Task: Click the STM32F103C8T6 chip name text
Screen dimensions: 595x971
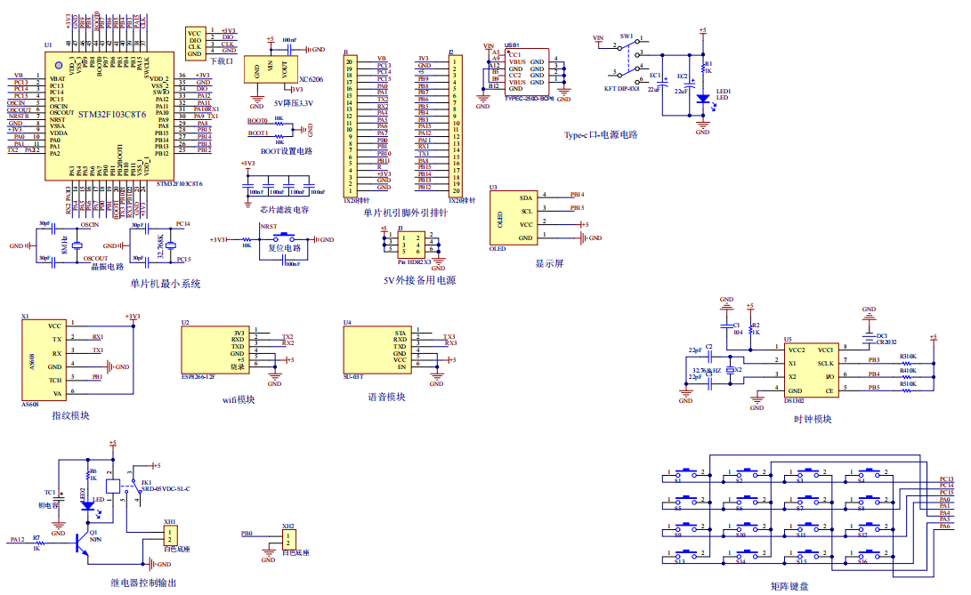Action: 111,116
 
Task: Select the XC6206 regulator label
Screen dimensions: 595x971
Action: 311,79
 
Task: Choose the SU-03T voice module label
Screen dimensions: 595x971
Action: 354,377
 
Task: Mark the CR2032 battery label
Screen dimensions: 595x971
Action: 886,342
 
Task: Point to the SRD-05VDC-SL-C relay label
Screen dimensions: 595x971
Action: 167,489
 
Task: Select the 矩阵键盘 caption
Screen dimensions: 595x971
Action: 789,585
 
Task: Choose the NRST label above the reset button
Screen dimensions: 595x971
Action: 269,228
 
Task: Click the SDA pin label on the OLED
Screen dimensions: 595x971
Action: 526,197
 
